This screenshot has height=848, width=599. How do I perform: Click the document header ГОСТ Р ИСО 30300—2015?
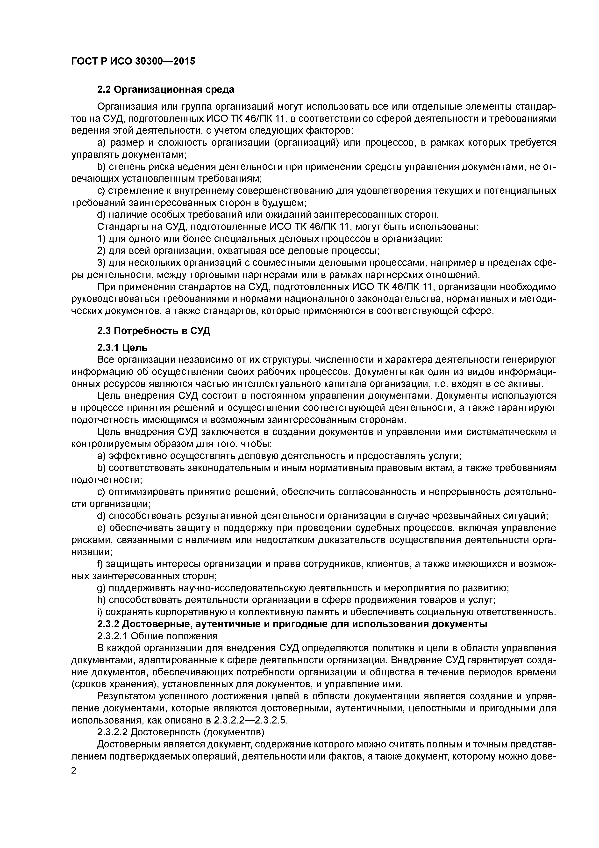click(133, 61)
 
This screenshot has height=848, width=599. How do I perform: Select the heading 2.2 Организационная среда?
click(165, 90)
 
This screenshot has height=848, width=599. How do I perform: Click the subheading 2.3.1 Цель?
click(122, 348)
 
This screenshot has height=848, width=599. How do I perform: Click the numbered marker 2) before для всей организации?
click(101, 251)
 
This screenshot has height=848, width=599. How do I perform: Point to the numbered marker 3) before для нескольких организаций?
click(101, 263)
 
